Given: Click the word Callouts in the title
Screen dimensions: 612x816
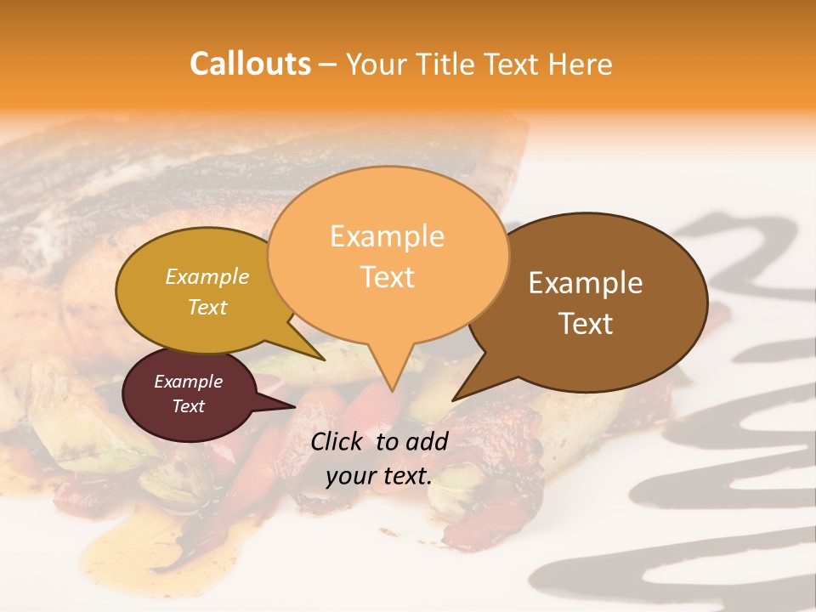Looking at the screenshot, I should point(250,64).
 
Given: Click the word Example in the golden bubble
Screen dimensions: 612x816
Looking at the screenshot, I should point(207,276).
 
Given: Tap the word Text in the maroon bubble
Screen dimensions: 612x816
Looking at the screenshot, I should point(189,406).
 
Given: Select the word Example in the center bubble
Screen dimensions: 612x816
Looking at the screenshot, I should point(387,236).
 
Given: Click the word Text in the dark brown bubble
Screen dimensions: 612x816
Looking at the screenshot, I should point(586,324).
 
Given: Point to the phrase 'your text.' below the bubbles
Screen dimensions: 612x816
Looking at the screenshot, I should point(379,476).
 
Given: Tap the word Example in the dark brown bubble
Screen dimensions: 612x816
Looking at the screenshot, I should point(586,283).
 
